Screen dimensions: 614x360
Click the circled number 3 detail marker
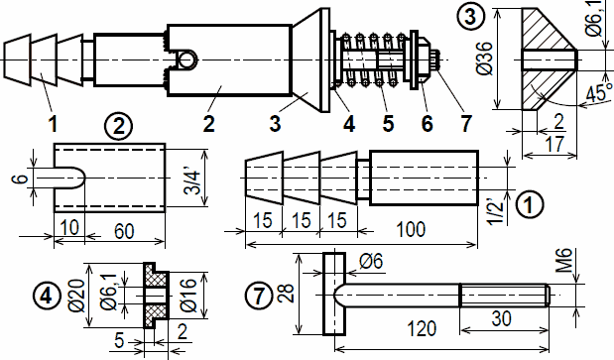[x=470, y=17]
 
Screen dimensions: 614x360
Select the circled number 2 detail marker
[x=118, y=127]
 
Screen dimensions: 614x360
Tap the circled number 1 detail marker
[x=529, y=204]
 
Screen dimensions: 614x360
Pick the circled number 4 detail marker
[x=47, y=296]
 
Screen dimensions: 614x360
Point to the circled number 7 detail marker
[x=259, y=296]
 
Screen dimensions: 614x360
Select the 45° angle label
[x=599, y=92]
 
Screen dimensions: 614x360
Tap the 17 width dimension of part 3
[x=554, y=144]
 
